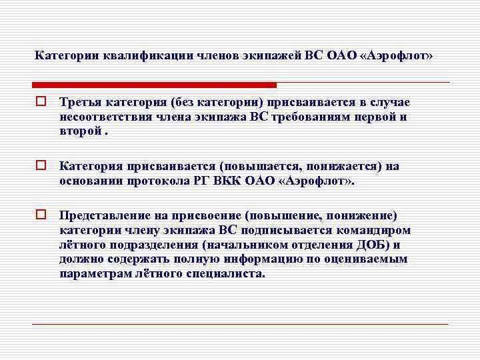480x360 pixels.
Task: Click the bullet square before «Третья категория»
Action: [40, 102]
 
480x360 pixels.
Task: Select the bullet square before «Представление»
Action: [40, 215]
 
